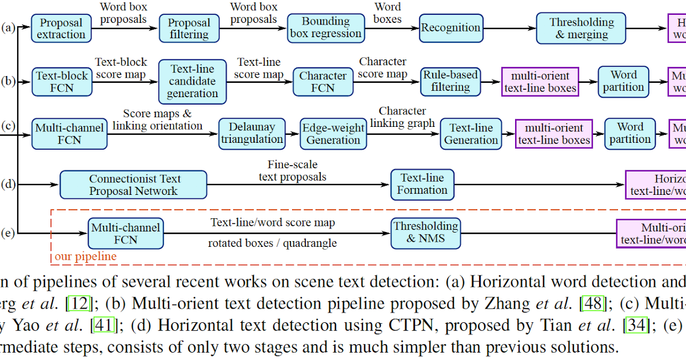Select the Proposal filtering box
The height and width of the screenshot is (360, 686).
(x=189, y=29)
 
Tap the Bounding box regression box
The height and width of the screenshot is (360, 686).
(x=326, y=27)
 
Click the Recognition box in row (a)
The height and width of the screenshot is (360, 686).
(x=450, y=27)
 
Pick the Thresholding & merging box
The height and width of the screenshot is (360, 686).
(x=581, y=28)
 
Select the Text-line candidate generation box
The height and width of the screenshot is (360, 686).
(x=193, y=81)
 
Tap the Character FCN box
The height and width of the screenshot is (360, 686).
(x=323, y=82)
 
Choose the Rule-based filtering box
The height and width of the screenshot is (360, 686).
(x=450, y=81)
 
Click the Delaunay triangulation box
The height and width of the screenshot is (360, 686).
(x=252, y=133)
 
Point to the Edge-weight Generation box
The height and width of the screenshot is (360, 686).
(x=333, y=134)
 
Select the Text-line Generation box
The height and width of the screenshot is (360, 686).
(x=471, y=134)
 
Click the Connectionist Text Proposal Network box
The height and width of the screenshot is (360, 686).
(x=133, y=185)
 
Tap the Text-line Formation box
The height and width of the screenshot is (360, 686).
(x=422, y=184)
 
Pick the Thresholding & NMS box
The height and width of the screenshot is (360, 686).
(x=426, y=232)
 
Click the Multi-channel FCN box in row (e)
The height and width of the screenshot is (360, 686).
(x=125, y=234)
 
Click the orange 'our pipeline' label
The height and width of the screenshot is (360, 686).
(x=85, y=257)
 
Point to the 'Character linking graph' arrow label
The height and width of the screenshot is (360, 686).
(x=402, y=117)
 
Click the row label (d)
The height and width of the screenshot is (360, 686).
(x=9, y=184)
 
